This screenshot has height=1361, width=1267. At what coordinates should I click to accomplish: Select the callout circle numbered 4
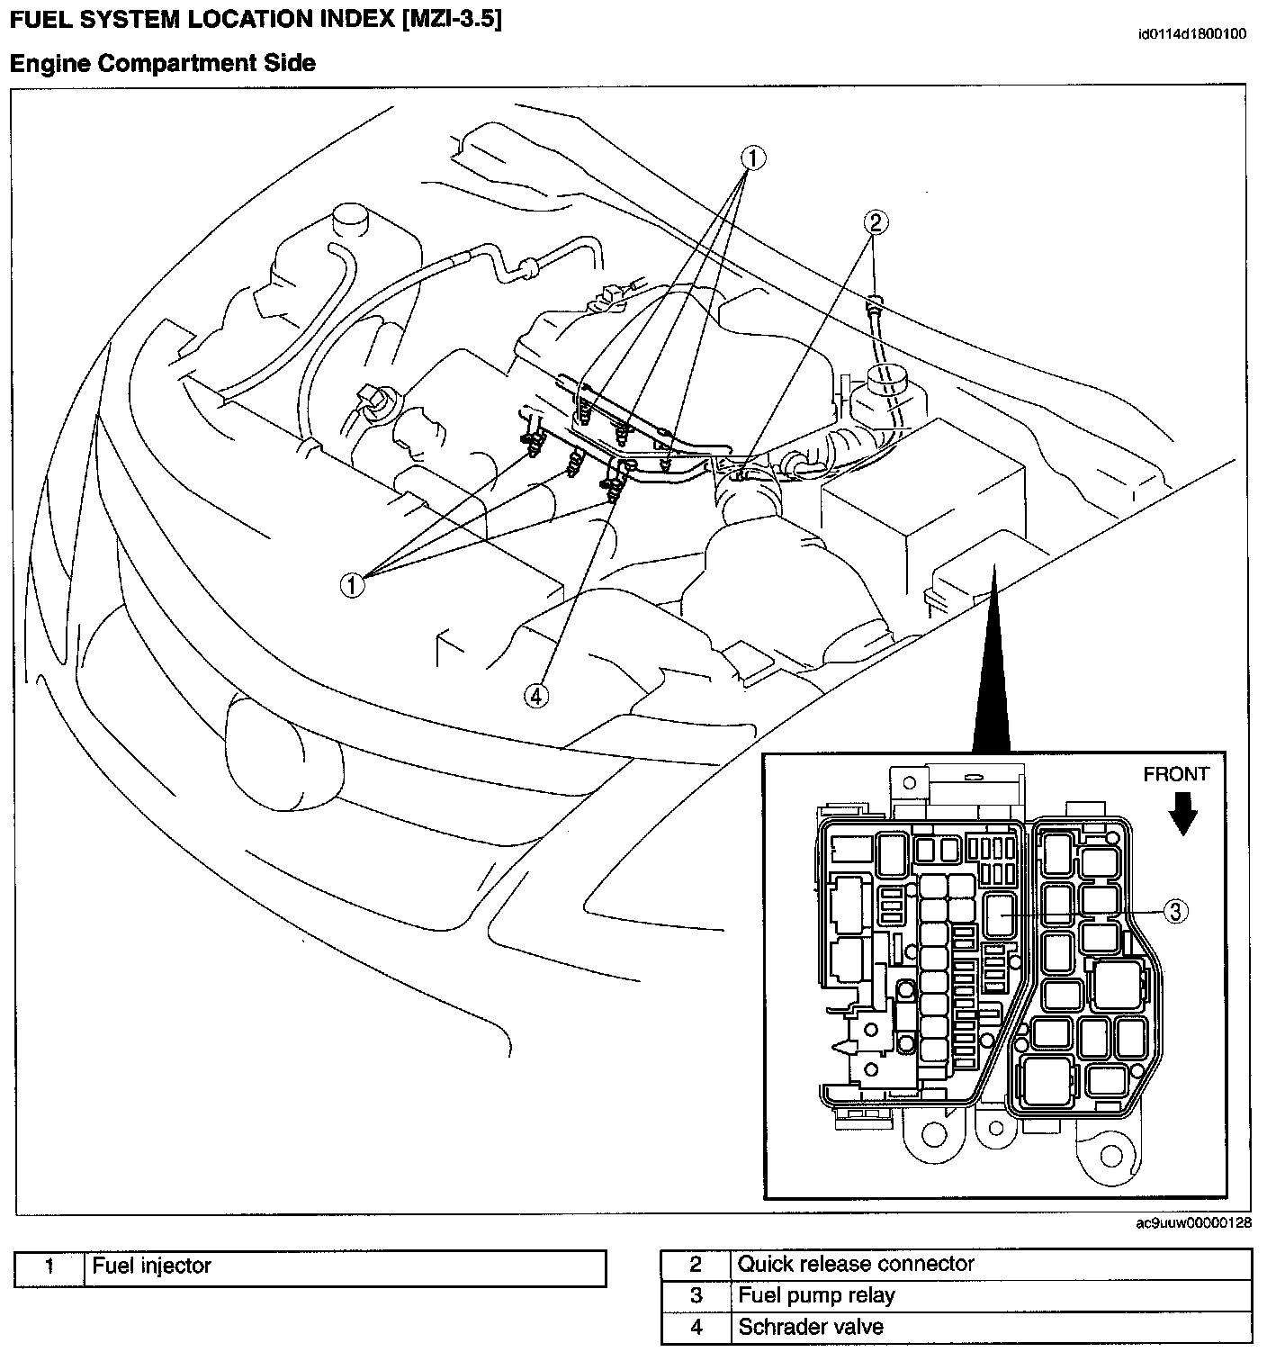[537, 696]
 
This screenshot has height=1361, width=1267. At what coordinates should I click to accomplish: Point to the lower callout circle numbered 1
[353, 584]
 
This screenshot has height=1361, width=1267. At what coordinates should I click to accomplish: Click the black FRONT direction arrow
[1184, 816]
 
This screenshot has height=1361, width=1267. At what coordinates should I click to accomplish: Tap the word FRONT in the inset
[1176, 774]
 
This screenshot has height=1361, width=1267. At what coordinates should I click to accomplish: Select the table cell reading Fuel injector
[345, 1267]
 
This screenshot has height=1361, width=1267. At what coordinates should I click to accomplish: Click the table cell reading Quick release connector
[991, 1265]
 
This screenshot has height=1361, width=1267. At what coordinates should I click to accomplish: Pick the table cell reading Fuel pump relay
[991, 1296]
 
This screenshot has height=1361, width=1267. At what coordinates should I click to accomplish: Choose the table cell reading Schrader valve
[991, 1328]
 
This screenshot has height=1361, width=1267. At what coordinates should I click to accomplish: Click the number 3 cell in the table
[696, 1296]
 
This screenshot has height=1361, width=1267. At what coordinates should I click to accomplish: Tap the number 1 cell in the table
[49, 1267]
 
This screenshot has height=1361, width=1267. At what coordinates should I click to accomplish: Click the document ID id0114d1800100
[1191, 35]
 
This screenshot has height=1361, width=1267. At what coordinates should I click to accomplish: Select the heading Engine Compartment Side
[163, 63]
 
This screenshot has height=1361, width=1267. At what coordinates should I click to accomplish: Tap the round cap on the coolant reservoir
[352, 216]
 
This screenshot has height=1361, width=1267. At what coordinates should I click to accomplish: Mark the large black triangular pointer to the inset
[991, 666]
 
